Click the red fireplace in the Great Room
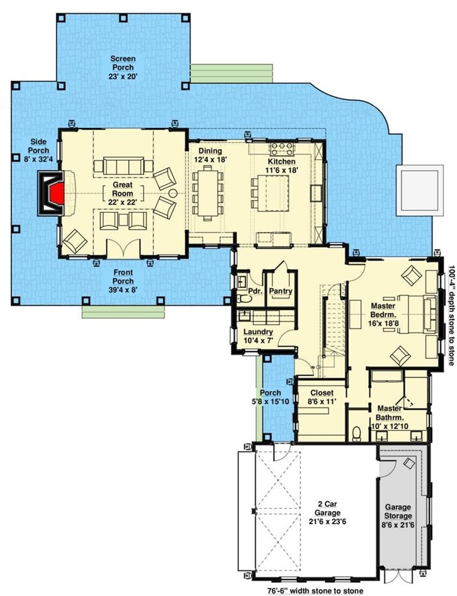(55, 193)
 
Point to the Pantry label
(281, 291)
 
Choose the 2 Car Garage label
(327, 513)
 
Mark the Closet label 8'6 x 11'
(322, 397)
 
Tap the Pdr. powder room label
(253, 291)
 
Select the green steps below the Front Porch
(122, 312)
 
